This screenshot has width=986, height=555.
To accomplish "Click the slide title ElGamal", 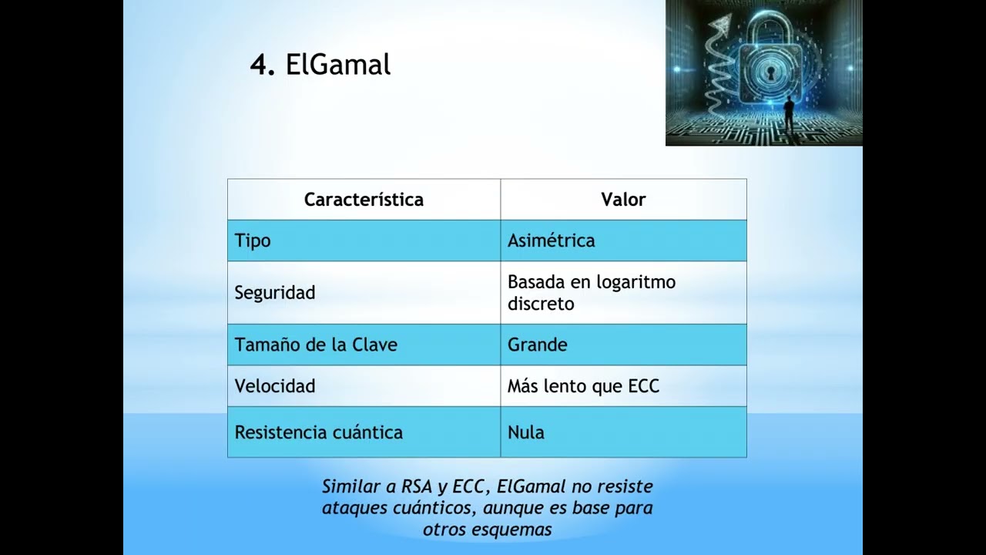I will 337,65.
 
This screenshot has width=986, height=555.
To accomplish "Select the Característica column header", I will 364,200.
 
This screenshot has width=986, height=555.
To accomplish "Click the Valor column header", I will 623,200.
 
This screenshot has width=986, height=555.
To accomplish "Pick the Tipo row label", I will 253,240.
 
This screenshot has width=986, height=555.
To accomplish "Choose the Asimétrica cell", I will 551,240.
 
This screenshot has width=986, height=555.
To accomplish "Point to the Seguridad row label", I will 275,293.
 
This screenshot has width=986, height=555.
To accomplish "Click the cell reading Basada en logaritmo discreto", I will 591,293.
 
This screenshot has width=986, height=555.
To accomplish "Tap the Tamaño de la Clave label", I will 316,345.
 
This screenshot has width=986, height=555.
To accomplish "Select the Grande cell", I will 537,345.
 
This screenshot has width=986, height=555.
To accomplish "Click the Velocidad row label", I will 275,386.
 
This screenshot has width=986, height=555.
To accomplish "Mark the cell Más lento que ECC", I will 583,386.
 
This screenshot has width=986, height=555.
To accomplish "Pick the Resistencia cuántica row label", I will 318,432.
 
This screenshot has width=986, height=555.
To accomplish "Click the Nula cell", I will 526,432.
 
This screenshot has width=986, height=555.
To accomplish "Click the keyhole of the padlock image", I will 768,72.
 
